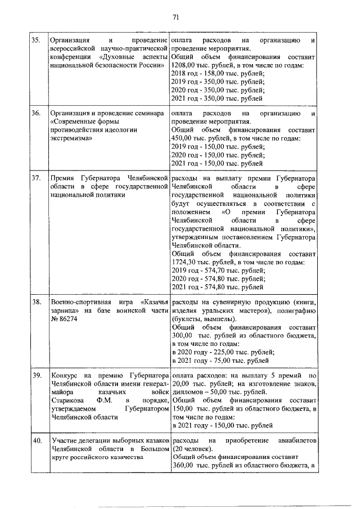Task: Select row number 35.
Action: (x=35, y=41)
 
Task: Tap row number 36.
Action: (x=35, y=113)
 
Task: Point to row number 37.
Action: (x=35, y=178)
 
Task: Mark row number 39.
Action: (x=35, y=375)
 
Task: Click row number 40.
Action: (x=35, y=440)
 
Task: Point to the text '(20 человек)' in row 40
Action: (x=192, y=448)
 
